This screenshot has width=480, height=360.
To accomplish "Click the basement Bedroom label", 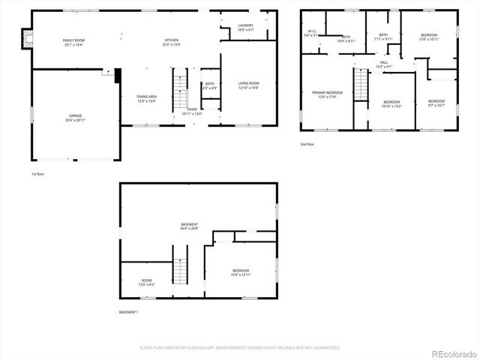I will (241, 272).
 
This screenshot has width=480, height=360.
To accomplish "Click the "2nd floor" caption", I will (307, 144).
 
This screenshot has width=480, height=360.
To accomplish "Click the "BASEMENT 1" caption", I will (129, 312).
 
